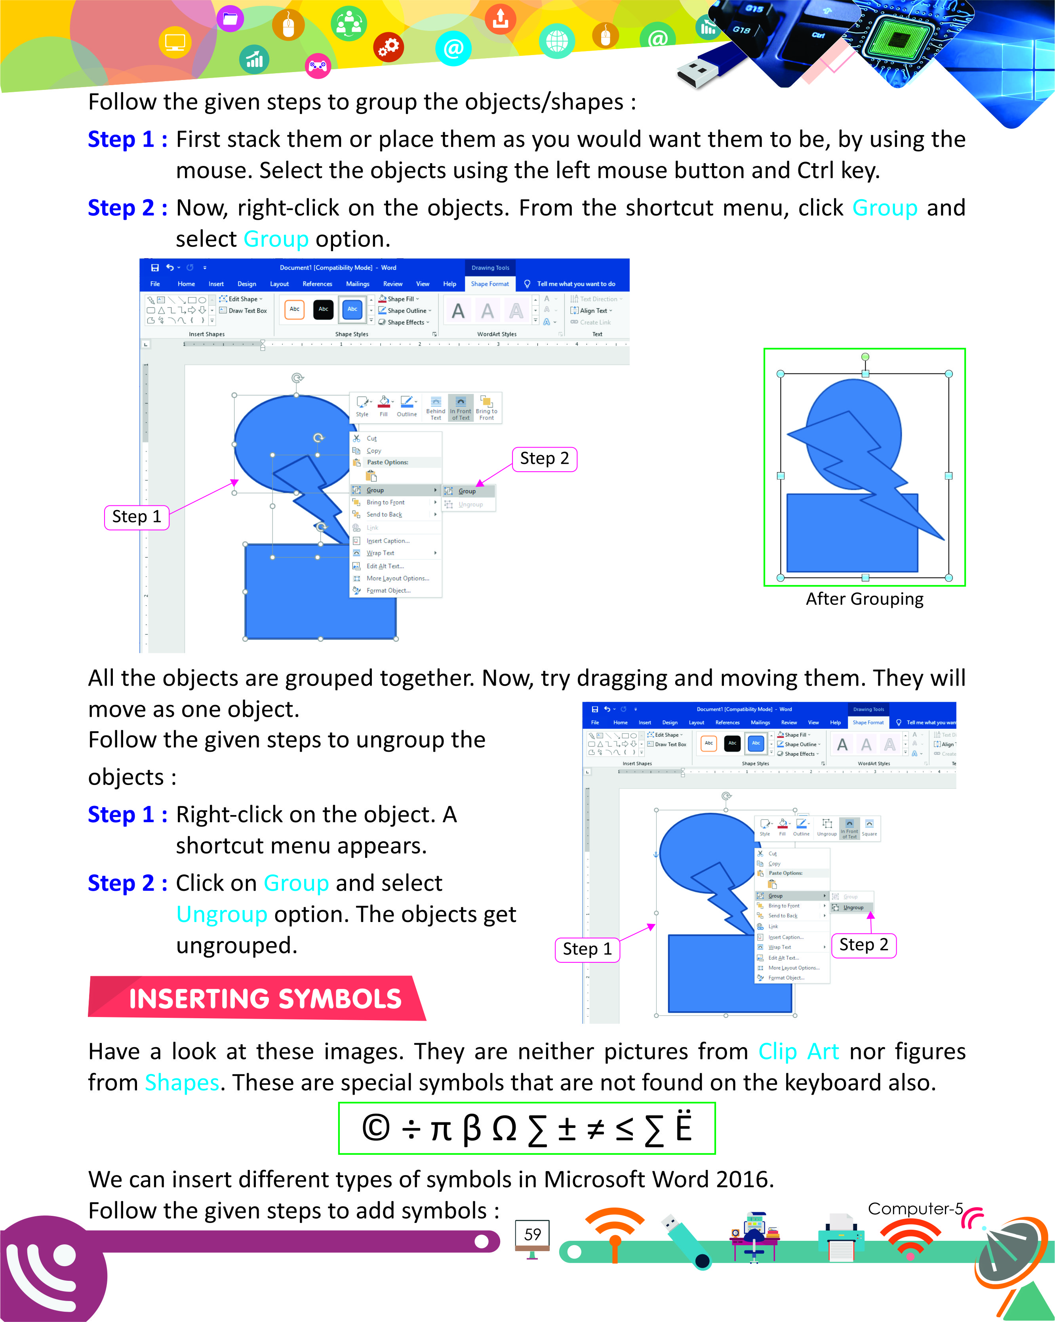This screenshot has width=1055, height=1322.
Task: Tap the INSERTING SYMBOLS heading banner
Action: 265,999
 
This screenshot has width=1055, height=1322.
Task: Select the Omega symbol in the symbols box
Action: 504,1129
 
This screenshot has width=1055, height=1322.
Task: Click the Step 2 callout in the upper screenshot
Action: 544,459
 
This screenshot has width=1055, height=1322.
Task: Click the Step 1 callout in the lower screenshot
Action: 587,949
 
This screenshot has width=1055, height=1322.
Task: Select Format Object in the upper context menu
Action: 388,591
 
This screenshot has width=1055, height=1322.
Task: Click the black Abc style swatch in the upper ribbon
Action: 323,309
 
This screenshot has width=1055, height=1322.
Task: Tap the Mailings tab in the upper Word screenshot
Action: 357,284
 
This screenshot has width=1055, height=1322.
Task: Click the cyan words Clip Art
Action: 798,1052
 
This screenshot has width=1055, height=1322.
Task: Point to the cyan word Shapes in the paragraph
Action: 181,1083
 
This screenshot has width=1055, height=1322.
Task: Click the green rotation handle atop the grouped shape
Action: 865,357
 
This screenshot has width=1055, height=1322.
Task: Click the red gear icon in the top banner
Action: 388,47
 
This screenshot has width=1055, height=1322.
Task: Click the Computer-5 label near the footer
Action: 915,1209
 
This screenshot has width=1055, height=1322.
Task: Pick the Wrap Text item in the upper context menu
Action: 380,553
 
